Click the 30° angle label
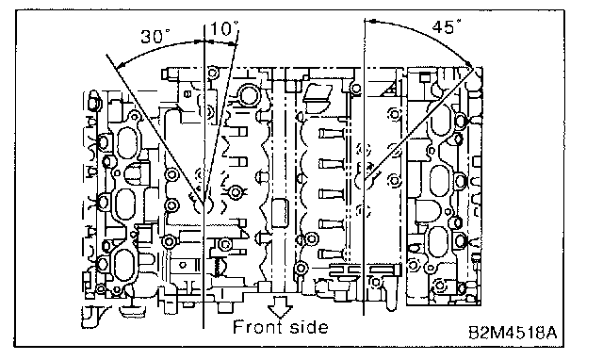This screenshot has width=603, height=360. pyautogui.click(x=155, y=36)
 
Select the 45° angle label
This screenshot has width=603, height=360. pyautogui.click(x=447, y=27)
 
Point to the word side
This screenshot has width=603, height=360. pyautogui.click(x=309, y=327)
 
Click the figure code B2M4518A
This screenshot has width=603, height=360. pyautogui.click(x=513, y=333)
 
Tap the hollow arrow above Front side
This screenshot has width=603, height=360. pyautogui.click(x=280, y=306)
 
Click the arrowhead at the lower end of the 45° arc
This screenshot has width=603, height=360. pyautogui.click(x=468, y=63)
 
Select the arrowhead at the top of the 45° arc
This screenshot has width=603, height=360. pyautogui.click(x=369, y=22)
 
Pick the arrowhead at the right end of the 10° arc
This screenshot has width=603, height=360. pyautogui.click(x=233, y=45)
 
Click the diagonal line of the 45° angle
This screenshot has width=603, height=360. pyautogui.click(x=418, y=124)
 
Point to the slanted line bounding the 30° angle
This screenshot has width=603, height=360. pyautogui.click(x=155, y=129)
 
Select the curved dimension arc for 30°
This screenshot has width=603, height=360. pyautogui.click(x=157, y=46)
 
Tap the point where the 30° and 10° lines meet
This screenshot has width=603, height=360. pyautogui.click(x=204, y=203)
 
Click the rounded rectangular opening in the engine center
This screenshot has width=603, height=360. pyautogui.click(x=280, y=212)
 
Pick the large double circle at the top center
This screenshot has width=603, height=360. pyautogui.click(x=248, y=95)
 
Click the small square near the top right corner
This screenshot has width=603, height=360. pyautogui.click(x=425, y=77)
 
